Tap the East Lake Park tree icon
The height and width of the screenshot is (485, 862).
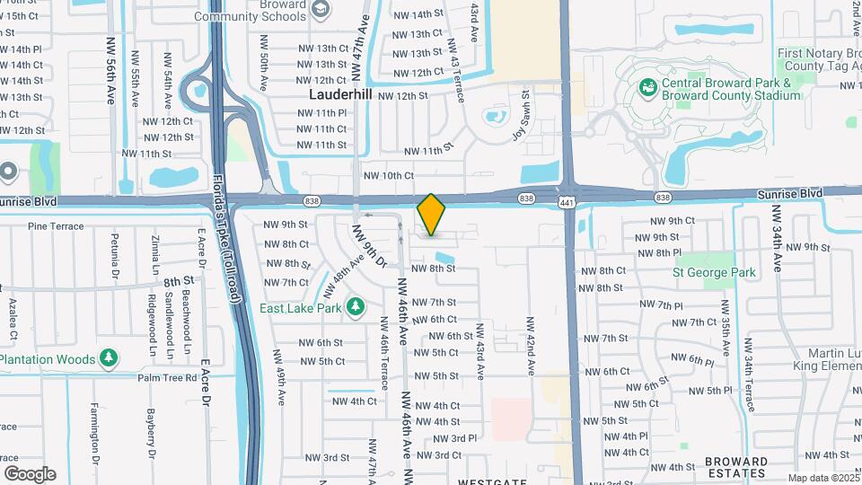point(356,307)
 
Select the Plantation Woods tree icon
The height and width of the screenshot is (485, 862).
point(109,359)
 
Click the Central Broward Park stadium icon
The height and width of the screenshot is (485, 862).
point(646,88)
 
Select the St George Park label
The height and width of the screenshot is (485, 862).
point(715,272)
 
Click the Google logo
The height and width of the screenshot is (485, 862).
point(30,473)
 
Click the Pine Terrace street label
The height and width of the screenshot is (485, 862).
point(49,226)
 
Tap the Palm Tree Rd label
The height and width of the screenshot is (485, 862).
point(167,378)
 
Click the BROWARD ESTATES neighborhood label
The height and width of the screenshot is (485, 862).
point(736,467)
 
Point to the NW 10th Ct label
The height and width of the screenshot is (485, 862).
point(388,176)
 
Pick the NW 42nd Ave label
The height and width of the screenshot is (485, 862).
point(531,346)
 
